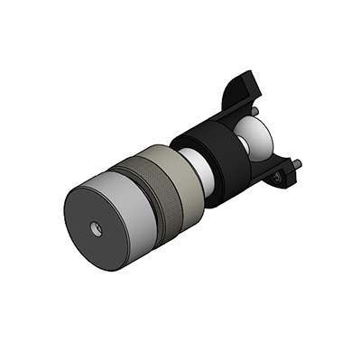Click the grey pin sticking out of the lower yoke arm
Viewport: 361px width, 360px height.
[x=297, y=165]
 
